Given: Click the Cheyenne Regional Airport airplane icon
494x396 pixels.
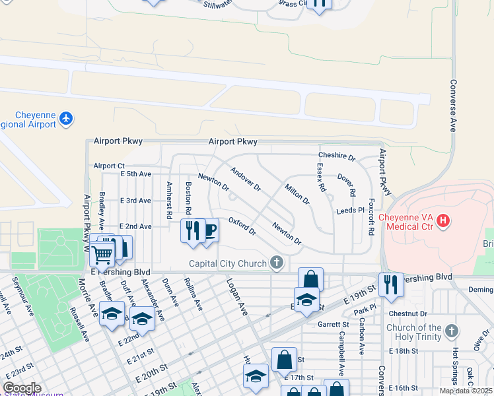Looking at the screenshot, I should click(65, 119).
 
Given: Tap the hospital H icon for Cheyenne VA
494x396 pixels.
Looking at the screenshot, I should click(444, 220).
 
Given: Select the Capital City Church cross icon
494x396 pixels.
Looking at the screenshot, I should click(277, 263).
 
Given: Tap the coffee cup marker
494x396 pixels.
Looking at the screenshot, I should click(209, 231).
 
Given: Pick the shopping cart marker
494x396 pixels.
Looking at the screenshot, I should click(102, 253).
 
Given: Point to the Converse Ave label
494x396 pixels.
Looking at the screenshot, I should click(453, 106).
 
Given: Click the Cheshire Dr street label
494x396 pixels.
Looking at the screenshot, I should click(337, 157).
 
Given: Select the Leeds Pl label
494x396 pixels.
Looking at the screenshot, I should click(350, 211).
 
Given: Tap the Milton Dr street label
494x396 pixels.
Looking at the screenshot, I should click(297, 194).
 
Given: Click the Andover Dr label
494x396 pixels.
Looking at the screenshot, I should click(246, 179).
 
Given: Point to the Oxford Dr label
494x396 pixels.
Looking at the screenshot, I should click(242, 226).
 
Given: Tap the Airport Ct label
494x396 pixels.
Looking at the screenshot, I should click(109, 166).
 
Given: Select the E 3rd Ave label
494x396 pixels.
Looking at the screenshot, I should click(135, 200).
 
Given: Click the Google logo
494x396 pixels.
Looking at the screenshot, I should click(22, 388).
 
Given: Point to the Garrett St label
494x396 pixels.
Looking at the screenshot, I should click(332, 324).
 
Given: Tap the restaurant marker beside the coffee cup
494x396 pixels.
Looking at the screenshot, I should click(192, 231).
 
